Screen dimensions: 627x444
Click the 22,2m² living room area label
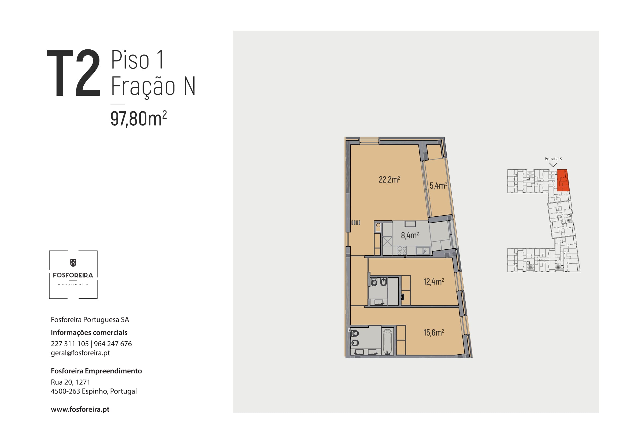pyautogui.click(x=389, y=179)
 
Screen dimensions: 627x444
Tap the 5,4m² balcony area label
pyautogui.click(x=438, y=185)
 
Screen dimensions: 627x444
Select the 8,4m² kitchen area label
pyautogui.click(x=410, y=235)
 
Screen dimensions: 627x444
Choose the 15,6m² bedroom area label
pyautogui.click(x=434, y=332)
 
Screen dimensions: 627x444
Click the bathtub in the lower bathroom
pyautogui.click(x=388, y=342)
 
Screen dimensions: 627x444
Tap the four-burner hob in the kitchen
pyautogui.click(x=402, y=251)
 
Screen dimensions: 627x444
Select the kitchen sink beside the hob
pyautogui.click(x=423, y=250)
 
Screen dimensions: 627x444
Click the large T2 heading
pyautogui.click(x=73, y=73)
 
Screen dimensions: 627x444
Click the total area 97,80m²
pyautogui.click(x=138, y=119)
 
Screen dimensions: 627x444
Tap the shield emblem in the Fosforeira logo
pyautogui.click(x=73, y=263)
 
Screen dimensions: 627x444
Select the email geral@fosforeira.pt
pyautogui.click(x=80, y=353)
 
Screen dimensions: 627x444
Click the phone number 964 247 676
pyautogui.click(x=113, y=344)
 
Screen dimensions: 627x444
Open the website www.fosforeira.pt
pyautogui.click(x=80, y=409)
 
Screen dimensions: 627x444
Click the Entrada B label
pyautogui.click(x=553, y=159)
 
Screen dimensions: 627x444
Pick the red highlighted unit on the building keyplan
pyautogui.click(x=563, y=180)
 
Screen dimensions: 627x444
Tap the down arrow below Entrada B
pyautogui.click(x=553, y=165)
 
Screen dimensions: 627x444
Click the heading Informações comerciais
pyautogui.click(x=89, y=332)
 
